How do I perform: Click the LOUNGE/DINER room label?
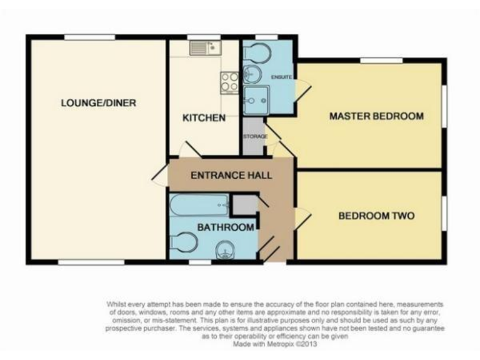(98, 103)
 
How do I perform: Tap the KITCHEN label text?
(203, 117)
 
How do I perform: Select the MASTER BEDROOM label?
(376, 116)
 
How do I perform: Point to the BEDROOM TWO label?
(377, 216)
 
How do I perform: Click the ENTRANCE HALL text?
(231, 176)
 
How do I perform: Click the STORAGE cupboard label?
(255, 136)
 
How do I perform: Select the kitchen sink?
(205, 46)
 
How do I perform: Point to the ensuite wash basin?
(252, 75)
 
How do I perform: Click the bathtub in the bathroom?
(199, 203)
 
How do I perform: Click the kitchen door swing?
(186, 151)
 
